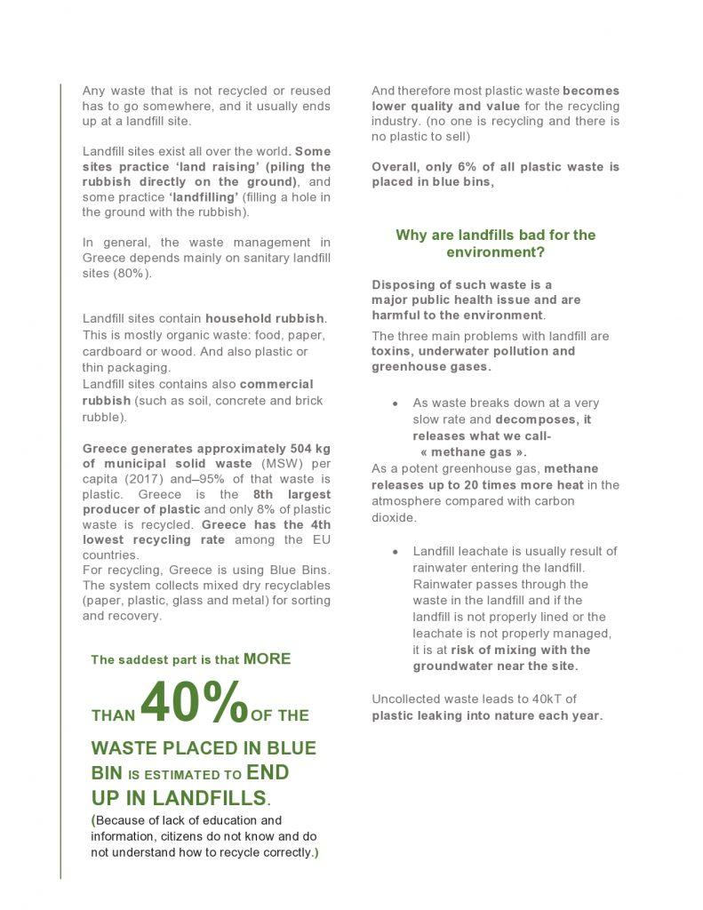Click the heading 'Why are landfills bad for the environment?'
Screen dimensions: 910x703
[495, 243]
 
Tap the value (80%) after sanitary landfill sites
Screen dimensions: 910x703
[134, 273]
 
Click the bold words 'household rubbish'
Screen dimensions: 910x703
[266, 318]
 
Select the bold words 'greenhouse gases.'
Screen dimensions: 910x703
[431, 366]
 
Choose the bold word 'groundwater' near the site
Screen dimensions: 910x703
[454, 666]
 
